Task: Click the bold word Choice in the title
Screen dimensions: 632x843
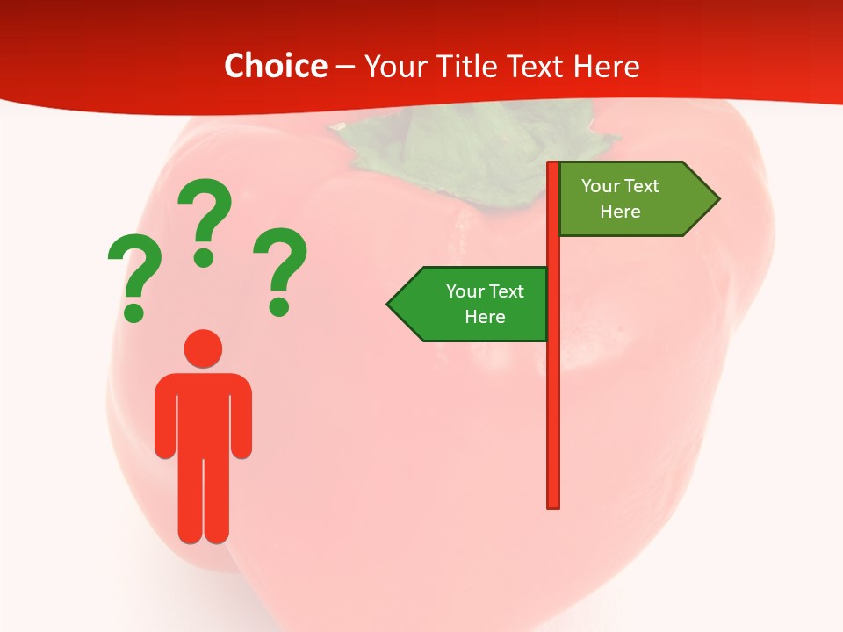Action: [x=275, y=66]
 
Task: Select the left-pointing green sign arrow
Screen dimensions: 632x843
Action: [x=470, y=305]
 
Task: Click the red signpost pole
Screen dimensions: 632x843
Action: [x=553, y=395]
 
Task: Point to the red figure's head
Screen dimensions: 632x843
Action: [x=203, y=348]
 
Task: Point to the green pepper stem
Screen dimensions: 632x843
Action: [x=465, y=149]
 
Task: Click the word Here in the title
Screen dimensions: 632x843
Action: [x=606, y=66]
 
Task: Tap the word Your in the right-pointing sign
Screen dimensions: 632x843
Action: [x=601, y=186]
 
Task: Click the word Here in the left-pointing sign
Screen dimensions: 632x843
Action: [x=485, y=317]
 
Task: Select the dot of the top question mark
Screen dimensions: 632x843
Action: [x=204, y=257]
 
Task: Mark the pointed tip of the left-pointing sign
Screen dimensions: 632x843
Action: [x=389, y=305]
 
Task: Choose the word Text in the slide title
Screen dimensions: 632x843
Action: [x=536, y=66]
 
